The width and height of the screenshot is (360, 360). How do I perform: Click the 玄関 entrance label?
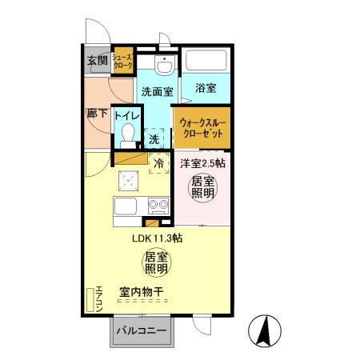pos(97,62)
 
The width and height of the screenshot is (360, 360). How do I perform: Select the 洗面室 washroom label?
pos(157,92)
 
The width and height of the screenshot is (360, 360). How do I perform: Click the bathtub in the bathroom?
pos(206,62)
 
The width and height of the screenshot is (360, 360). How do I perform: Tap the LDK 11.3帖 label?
pos(158,238)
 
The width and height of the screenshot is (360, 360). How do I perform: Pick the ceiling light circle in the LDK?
pos(155,263)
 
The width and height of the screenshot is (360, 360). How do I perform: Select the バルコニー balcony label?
pos(140,331)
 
